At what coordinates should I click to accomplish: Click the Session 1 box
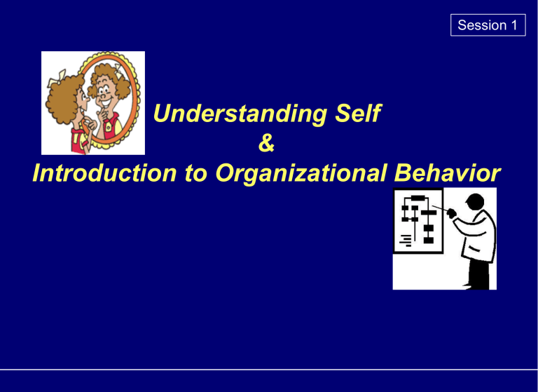click(x=488, y=25)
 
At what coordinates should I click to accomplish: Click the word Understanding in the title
click(x=240, y=114)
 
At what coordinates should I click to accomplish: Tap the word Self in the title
click(x=358, y=113)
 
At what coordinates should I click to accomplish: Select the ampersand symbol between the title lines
click(x=267, y=143)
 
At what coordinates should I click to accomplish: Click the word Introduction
click(x=104, y=173)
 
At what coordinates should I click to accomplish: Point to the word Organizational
click(x=301, y=173)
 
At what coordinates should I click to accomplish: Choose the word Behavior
click(x=448, y=173)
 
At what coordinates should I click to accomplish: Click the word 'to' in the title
click(x=196, y=174)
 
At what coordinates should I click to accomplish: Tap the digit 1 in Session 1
click(x=514, y=25)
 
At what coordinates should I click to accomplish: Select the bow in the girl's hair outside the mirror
click(x=57, y=78)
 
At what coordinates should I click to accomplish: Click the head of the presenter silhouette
click(x=475, y=203)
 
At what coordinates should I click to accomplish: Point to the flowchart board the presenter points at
click(x=418, y=221)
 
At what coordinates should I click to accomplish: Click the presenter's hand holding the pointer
click(x=452, y=213)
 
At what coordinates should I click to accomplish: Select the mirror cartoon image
click(x=93, y=103)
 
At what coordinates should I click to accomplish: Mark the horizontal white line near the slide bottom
click(x=269, y=370)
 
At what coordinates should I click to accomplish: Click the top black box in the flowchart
click(x=418, y=198)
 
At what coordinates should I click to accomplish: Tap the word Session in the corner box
click(x=482, y=25)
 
